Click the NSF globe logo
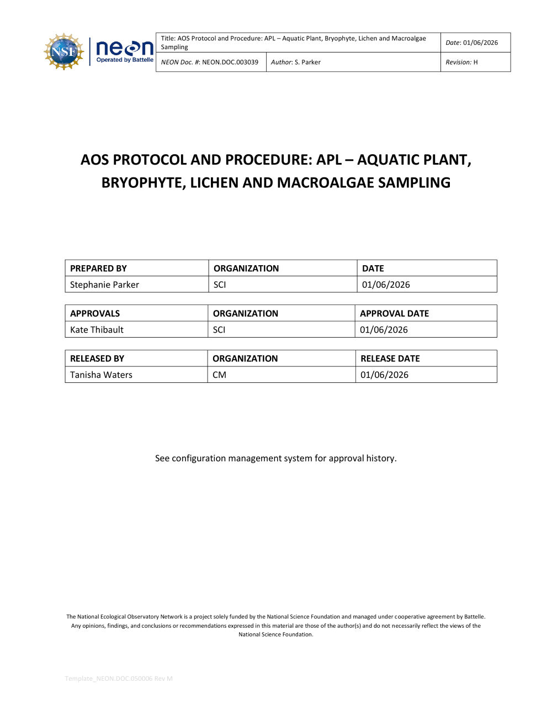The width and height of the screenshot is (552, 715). [x=64, y=52]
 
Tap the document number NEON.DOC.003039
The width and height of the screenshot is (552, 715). [x=230, y=62]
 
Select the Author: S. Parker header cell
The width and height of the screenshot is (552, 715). [x=296, y=62]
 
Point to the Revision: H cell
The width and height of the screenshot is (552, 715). [x=462, y=62]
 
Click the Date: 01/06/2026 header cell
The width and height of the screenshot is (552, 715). [x=472, y=43]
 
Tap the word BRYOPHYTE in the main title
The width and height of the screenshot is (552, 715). [x=143, y=183]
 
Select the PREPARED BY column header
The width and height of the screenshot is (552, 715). [x=99, y=269]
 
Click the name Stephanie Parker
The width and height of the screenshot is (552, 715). [x=104, y=285]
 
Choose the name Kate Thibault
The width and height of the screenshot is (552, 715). [x=97, y=330]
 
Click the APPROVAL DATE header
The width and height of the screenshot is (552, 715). [x=395, y=313]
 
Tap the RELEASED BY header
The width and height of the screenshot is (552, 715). [x=97, y=359]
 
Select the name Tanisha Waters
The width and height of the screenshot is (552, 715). [x=101, y=375]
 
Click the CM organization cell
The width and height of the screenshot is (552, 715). [x=220, y=375]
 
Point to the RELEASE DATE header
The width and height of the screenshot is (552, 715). [x=390, y=359]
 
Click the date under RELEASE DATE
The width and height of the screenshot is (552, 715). [x=385, y=375]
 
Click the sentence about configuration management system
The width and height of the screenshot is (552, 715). [x=276, y=458]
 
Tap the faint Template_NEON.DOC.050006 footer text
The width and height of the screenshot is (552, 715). [x=119, y=679]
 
